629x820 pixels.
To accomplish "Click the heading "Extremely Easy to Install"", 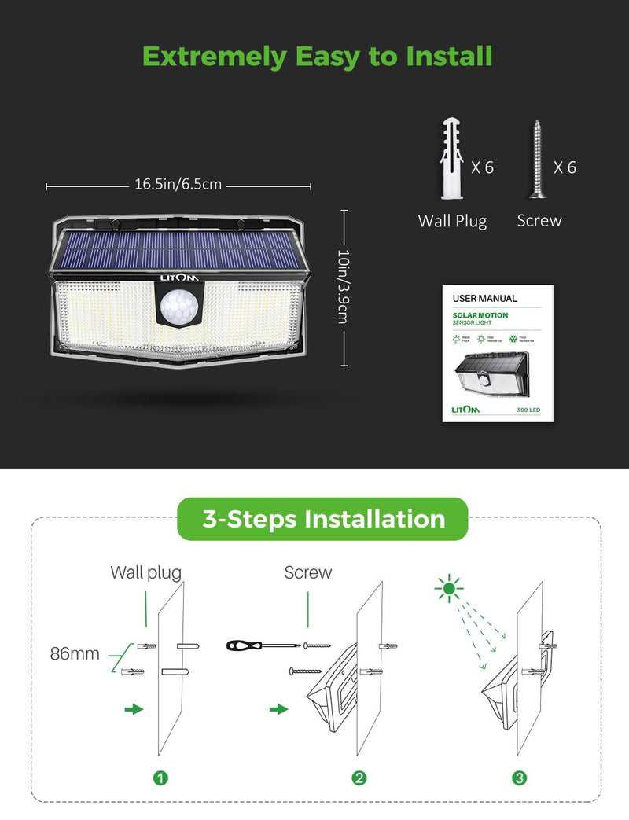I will [x=317, y=57].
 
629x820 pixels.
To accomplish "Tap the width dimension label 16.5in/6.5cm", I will [x=178, y=186].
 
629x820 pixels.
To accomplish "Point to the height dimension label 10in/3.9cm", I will [x=343, y=286].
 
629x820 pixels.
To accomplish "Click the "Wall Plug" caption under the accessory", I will [x=452, y=221].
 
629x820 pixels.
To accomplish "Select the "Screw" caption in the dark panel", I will [x=539, y=221].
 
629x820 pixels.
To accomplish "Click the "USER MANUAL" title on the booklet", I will [x=485, y=299].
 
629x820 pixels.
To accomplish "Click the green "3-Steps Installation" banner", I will [x=323, y=519].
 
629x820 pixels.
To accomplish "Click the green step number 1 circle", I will [x=160, y=778].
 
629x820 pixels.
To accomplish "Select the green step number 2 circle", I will [x=359, y=778].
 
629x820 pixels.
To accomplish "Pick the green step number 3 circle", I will [x=519, y=778].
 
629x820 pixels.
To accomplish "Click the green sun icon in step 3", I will [x=449, y=587].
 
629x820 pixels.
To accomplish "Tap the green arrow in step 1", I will [x=134, y=708].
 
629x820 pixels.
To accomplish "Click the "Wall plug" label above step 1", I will [x=145, y=572].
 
